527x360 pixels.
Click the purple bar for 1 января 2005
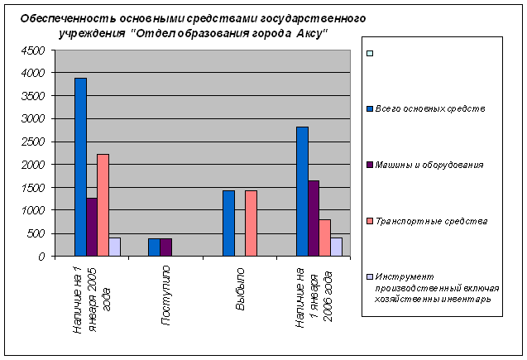click(x=92, y=227)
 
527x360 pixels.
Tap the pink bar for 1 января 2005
click(x=103, y=205)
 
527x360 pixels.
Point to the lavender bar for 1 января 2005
click(x=114, y=247)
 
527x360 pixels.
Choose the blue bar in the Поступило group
click(x=154, y=247)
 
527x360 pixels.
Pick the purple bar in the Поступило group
click(x=165, y=247)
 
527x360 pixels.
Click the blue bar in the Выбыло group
click(x=228, y=223)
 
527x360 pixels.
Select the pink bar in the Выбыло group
click(x=251, y=223)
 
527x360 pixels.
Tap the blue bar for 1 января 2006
click(x=302, y=191)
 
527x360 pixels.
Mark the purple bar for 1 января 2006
click(x=314, y=218)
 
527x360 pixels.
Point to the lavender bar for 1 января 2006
click(x=336, y=247)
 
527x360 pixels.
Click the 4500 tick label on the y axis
click(x=32, y=50)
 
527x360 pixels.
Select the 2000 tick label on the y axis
click(x=32, y=165)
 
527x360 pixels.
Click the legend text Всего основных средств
click(x=429, y=108)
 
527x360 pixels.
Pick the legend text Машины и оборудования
click(x=429, y=165)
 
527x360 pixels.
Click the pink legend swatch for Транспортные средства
click(x=369, y=221)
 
